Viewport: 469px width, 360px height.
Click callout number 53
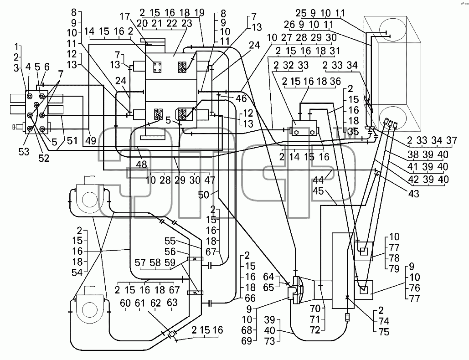24,152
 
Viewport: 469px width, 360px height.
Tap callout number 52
44,158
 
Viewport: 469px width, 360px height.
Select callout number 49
91,140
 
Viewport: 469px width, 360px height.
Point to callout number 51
72,140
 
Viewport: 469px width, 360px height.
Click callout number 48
141,165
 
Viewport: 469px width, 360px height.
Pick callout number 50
204,195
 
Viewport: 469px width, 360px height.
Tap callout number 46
241,99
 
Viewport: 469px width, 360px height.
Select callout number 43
413,194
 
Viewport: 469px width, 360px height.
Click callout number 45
318,190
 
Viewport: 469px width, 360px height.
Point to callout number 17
126,16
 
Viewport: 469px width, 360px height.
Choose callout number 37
452,140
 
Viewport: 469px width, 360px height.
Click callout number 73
270,341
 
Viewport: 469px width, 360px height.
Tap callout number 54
77,273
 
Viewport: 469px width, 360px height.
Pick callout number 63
172,303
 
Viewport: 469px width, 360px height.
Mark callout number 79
394,269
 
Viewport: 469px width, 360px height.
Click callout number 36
335,81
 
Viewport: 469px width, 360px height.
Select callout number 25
301,13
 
